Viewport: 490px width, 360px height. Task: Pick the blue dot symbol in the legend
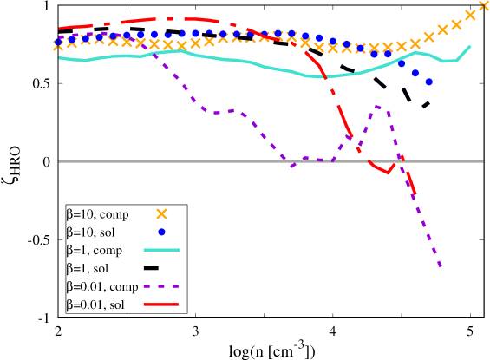pos(161,232)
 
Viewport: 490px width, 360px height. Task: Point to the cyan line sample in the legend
pos(161,250)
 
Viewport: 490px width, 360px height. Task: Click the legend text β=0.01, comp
pos(102,286)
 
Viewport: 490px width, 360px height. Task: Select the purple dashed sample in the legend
pos(161,286)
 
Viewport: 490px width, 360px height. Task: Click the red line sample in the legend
pos(161,304)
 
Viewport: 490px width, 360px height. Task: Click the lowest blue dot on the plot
pos(429,82)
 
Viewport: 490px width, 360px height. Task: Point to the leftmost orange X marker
pos(58,45)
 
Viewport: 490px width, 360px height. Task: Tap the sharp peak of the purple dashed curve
pos(377,106)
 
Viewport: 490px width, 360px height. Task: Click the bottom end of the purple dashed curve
pos(441,267)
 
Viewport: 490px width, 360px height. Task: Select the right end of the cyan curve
pos(470,46)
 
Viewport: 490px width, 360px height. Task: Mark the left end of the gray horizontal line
pos(59,161)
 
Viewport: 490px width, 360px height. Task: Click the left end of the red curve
pos(59,29)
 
